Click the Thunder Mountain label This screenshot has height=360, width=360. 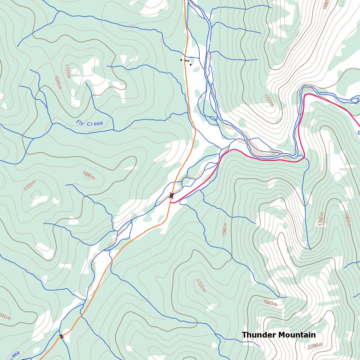[278, 335]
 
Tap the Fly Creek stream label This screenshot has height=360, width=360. [89, 123]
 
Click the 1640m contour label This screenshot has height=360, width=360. [57, 82]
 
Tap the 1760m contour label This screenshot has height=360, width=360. [321, 219]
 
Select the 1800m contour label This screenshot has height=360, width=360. [347, 220]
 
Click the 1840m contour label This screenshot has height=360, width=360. [270, 303]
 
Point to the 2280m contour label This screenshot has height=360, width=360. [315, 346]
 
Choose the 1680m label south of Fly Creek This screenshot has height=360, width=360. [88, 175]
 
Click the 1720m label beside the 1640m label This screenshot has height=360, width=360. [67, 71]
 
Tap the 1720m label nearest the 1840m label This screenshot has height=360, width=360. [201, 285]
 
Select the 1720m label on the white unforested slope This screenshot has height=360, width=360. [269, 100]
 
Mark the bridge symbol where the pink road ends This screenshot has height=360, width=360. [172, 195]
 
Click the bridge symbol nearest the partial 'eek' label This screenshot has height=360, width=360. [61, 336]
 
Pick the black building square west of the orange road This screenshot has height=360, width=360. [181, 60]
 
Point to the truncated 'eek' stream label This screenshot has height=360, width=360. [14, 354]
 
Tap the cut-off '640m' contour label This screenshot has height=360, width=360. [5, 317]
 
